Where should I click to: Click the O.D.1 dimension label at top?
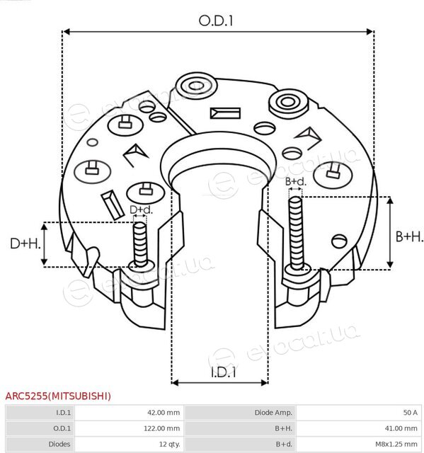(x=215, y=21)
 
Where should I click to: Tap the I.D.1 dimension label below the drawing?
(x=223, y=372)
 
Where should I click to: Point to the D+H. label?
(x=25, y=243)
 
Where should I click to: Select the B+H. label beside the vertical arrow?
(x=409, y=236)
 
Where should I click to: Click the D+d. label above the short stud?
(x=141, y=210)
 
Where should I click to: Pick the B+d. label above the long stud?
(x=296, y=181)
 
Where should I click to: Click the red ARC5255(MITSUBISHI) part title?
(x=58, y=396)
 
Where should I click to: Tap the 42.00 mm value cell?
(x=164, y=413)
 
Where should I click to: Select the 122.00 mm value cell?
(x=162, y=428)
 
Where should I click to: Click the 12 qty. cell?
(x=170, y=444)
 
